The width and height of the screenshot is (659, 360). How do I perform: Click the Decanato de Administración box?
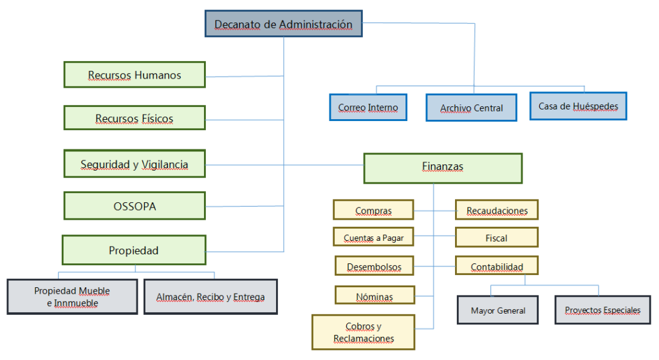[283, 24]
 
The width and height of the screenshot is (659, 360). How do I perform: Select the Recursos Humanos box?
[135, 75]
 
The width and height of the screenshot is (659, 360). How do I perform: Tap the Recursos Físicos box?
[135, 118]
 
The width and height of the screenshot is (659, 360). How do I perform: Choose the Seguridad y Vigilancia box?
[135, 164]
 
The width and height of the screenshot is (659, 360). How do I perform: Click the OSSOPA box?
[135, 206]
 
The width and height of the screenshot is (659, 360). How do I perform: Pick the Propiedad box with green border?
[134, 250]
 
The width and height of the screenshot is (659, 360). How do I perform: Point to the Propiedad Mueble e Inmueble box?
[72, 296]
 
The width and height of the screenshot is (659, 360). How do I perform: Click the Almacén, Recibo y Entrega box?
[210, 297]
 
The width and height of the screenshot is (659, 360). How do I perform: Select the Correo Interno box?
[368, 108]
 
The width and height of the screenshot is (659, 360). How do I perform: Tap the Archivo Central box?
[471, 108]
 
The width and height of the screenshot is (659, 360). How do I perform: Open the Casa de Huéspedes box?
[578, 106]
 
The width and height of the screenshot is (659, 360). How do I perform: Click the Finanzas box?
[443, 167]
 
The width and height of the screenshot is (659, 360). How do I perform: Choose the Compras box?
[373, 210]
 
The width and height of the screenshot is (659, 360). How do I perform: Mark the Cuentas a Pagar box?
[373, 237]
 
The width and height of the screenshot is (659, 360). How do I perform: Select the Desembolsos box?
[374, 266]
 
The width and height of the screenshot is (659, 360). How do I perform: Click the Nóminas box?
[374, 296]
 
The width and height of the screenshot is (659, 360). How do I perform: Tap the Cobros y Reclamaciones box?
[364, 332]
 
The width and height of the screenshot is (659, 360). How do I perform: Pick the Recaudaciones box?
[497, 210]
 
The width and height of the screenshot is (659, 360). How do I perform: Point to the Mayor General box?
[497, 310]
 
